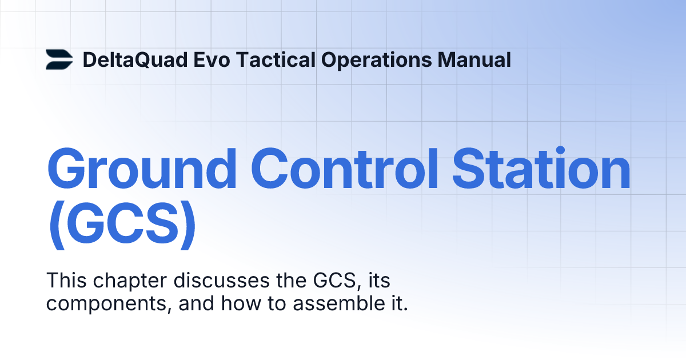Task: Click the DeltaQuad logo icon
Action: click(x=59, y=60)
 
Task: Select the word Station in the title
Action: click(x=538, y=169)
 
